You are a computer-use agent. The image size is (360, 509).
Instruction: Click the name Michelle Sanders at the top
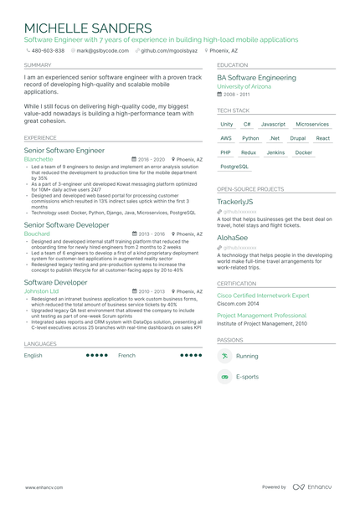(x=88, y=28)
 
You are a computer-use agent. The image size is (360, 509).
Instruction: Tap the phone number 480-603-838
(x=48, y=50)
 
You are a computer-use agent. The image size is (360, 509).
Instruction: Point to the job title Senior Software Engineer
(x=64, y=151)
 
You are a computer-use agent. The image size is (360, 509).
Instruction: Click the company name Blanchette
(x=39, y=158)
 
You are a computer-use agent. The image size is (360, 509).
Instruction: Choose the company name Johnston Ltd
(x=42, y=291)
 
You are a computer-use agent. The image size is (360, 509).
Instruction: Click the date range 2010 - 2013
(x=152, y=291)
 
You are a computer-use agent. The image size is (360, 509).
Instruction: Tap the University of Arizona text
(x=244, y=86)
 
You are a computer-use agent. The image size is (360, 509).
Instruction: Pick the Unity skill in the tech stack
(x=227, y=124)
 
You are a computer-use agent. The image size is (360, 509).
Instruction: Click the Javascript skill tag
(x=273, y=124)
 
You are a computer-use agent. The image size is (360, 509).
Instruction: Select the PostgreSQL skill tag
(x=234, y=167)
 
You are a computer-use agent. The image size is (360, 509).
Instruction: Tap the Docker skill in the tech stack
(x=304, y=152)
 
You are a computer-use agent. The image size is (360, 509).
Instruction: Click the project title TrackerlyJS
(x=234, y=202)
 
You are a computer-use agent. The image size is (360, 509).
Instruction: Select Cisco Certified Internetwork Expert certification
(x=263, y=296)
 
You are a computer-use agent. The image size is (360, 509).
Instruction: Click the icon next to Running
(x=224, y=356)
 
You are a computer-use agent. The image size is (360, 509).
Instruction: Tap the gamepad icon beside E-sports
(x=224, y=378)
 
